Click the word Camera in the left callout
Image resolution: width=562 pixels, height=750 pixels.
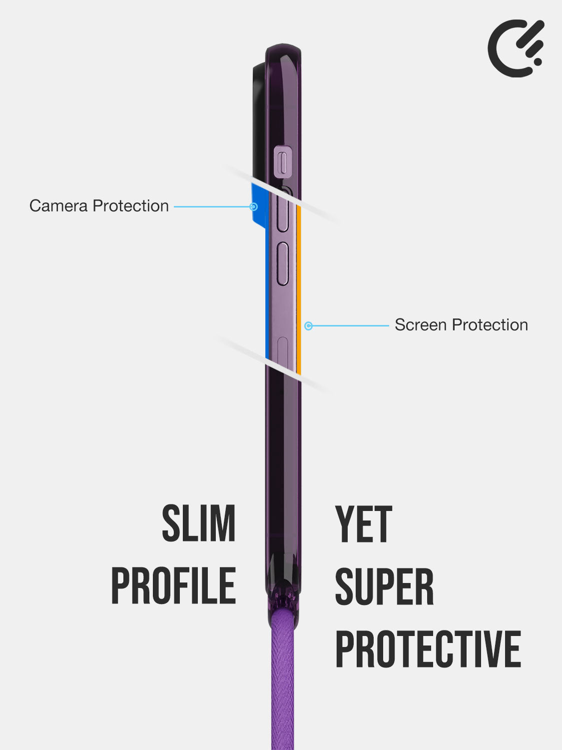tap(58, 206)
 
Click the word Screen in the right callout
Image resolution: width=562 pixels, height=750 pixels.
tap(421, 325)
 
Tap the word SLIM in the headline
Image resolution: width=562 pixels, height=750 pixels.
tap(199, 523)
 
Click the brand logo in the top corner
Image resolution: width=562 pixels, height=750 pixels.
tap(516, 48)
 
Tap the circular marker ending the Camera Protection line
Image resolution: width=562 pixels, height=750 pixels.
tap(253, 206)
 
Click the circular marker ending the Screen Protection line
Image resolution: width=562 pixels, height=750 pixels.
tap(308, 325)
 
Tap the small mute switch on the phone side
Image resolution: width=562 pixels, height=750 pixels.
tap(283, 162)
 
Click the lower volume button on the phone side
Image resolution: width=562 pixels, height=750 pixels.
tap(283, 263)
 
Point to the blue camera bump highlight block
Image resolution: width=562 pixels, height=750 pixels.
tap(259, 205)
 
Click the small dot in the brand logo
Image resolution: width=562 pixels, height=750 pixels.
tap(538, 61)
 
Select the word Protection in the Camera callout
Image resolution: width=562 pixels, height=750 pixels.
tap(131, 206)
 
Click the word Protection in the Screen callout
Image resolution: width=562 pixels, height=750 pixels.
tap(490, 325)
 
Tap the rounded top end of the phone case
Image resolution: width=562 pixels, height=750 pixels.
tap(283, 50)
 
